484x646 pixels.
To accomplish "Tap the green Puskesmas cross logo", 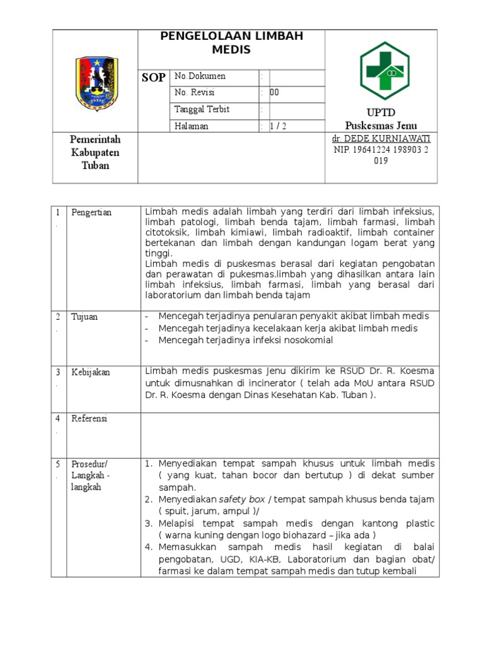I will (x=384, y=71).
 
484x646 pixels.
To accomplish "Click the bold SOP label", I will (x=153, y=78).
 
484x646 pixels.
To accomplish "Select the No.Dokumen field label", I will (x=200, y=76).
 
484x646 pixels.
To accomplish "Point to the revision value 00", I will (x=274, y=93).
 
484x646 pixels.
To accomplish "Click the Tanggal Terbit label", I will (x=202, y=109).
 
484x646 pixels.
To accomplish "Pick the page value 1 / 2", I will (x=278, y=126).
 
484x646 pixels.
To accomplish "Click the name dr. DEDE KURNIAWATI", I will (x=380, y=138).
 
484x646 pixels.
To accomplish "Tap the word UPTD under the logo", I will (x=381, y=112).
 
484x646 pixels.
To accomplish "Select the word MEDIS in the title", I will (x=231, y=49).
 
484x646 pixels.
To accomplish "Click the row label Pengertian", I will (x=91, y=213).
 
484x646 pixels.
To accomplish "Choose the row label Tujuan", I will (x=84, y=317).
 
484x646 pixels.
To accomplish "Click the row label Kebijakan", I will (x=91, y=372).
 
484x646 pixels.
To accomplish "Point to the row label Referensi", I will (x=89, y=418).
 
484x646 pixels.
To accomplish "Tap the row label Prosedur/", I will (x=90, y=464).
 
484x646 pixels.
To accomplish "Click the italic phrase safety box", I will (x=241, y=499).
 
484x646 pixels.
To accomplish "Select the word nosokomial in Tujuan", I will (x=301, y=340).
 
